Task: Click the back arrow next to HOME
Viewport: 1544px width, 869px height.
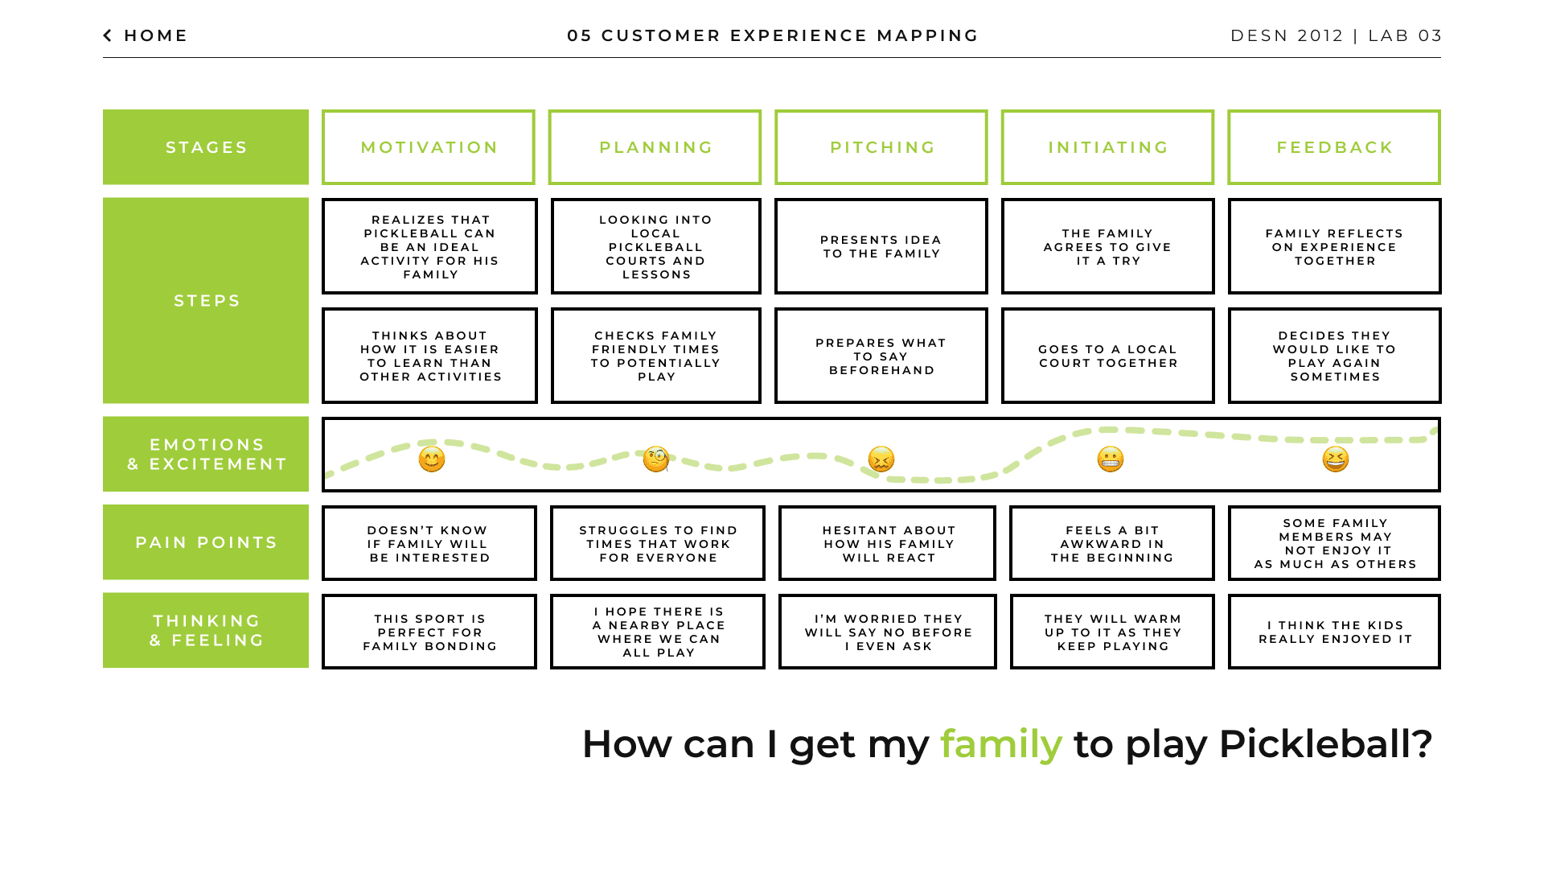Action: [108, 35]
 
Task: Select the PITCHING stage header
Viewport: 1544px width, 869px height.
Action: [881, 147]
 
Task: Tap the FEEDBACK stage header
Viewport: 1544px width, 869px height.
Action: [1334, 147]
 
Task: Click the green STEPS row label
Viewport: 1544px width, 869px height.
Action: [206, 300]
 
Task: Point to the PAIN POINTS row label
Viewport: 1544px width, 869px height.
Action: [206, 542]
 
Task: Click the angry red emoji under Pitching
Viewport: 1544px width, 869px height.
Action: [881, 459]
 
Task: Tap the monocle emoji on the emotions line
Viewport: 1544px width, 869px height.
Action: [656, 459]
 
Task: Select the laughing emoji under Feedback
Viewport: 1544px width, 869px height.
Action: [1336, 459]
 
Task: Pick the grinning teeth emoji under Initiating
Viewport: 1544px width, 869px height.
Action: [1111, 459]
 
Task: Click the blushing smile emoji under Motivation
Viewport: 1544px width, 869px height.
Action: [432, 459]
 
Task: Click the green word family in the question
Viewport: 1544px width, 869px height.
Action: [1001, 744]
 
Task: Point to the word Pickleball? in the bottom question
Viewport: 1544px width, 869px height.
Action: [1326, 744]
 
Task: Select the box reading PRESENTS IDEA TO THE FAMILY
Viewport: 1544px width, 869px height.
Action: [881, 246]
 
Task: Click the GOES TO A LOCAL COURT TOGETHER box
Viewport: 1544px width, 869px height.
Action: [1108, 356]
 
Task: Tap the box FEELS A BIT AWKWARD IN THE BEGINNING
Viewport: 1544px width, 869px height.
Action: [1112, 543]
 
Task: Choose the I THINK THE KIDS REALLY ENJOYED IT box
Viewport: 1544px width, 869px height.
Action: [1335, 632]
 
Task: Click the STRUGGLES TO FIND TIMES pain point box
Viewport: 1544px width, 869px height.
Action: [658, 543]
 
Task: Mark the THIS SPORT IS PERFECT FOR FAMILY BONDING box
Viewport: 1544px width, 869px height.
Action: [429, 632]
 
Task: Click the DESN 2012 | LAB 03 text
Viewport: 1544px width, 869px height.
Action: [1336, 35]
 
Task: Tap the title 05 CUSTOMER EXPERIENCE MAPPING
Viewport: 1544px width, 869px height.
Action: [773, 35]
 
